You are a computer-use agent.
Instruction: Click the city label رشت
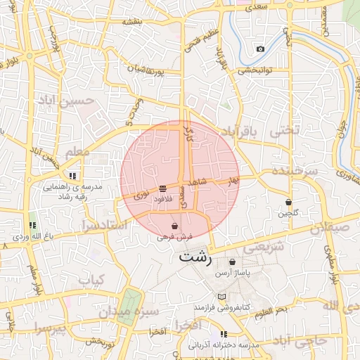point(195,256)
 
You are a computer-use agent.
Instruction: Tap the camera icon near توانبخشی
point(261,49)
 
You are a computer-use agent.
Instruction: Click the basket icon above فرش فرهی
point(174,227)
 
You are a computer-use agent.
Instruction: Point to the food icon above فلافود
point(162,188)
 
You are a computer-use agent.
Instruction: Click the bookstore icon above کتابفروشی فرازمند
point(223,297)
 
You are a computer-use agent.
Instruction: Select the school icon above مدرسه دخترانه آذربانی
point(224,334)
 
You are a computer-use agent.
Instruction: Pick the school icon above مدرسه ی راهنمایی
point(72,176)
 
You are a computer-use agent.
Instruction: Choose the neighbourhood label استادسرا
point(105,226)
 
